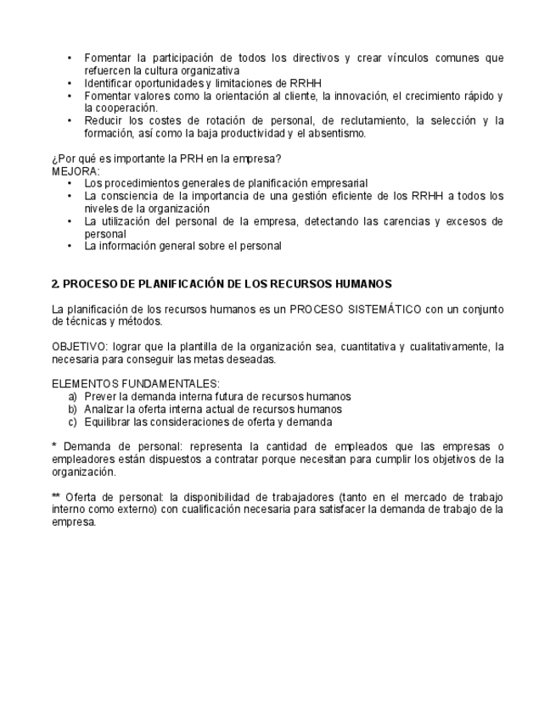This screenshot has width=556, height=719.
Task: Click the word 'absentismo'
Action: tap(337, 133)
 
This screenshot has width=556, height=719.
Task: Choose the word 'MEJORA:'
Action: tap(76, 170)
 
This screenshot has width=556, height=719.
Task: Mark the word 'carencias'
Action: tap(406, 220)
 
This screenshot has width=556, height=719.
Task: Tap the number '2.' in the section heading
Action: tap(56, 283)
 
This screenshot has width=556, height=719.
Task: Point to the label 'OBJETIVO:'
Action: tap(76, 347)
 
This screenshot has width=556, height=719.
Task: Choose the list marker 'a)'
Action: tap(73, 396)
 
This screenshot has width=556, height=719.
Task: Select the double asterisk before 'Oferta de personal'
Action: tap(56, 497)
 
